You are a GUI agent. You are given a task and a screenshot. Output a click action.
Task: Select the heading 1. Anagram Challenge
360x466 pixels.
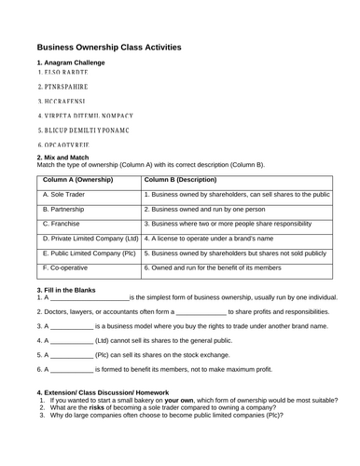point(70,62)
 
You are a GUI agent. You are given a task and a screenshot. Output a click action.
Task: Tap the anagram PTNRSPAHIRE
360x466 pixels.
point(64,86)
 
